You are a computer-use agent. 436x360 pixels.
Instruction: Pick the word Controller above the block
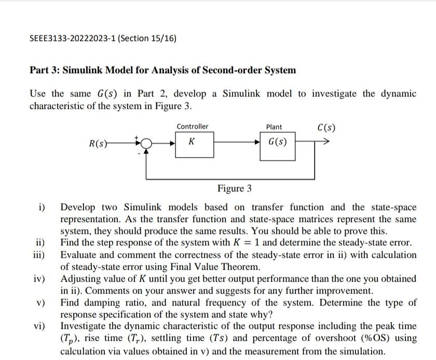[192, 127]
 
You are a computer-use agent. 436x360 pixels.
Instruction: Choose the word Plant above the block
[274, 127]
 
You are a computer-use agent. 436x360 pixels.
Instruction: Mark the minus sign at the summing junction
[139, 154]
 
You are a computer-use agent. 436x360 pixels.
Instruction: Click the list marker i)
[42, 208]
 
